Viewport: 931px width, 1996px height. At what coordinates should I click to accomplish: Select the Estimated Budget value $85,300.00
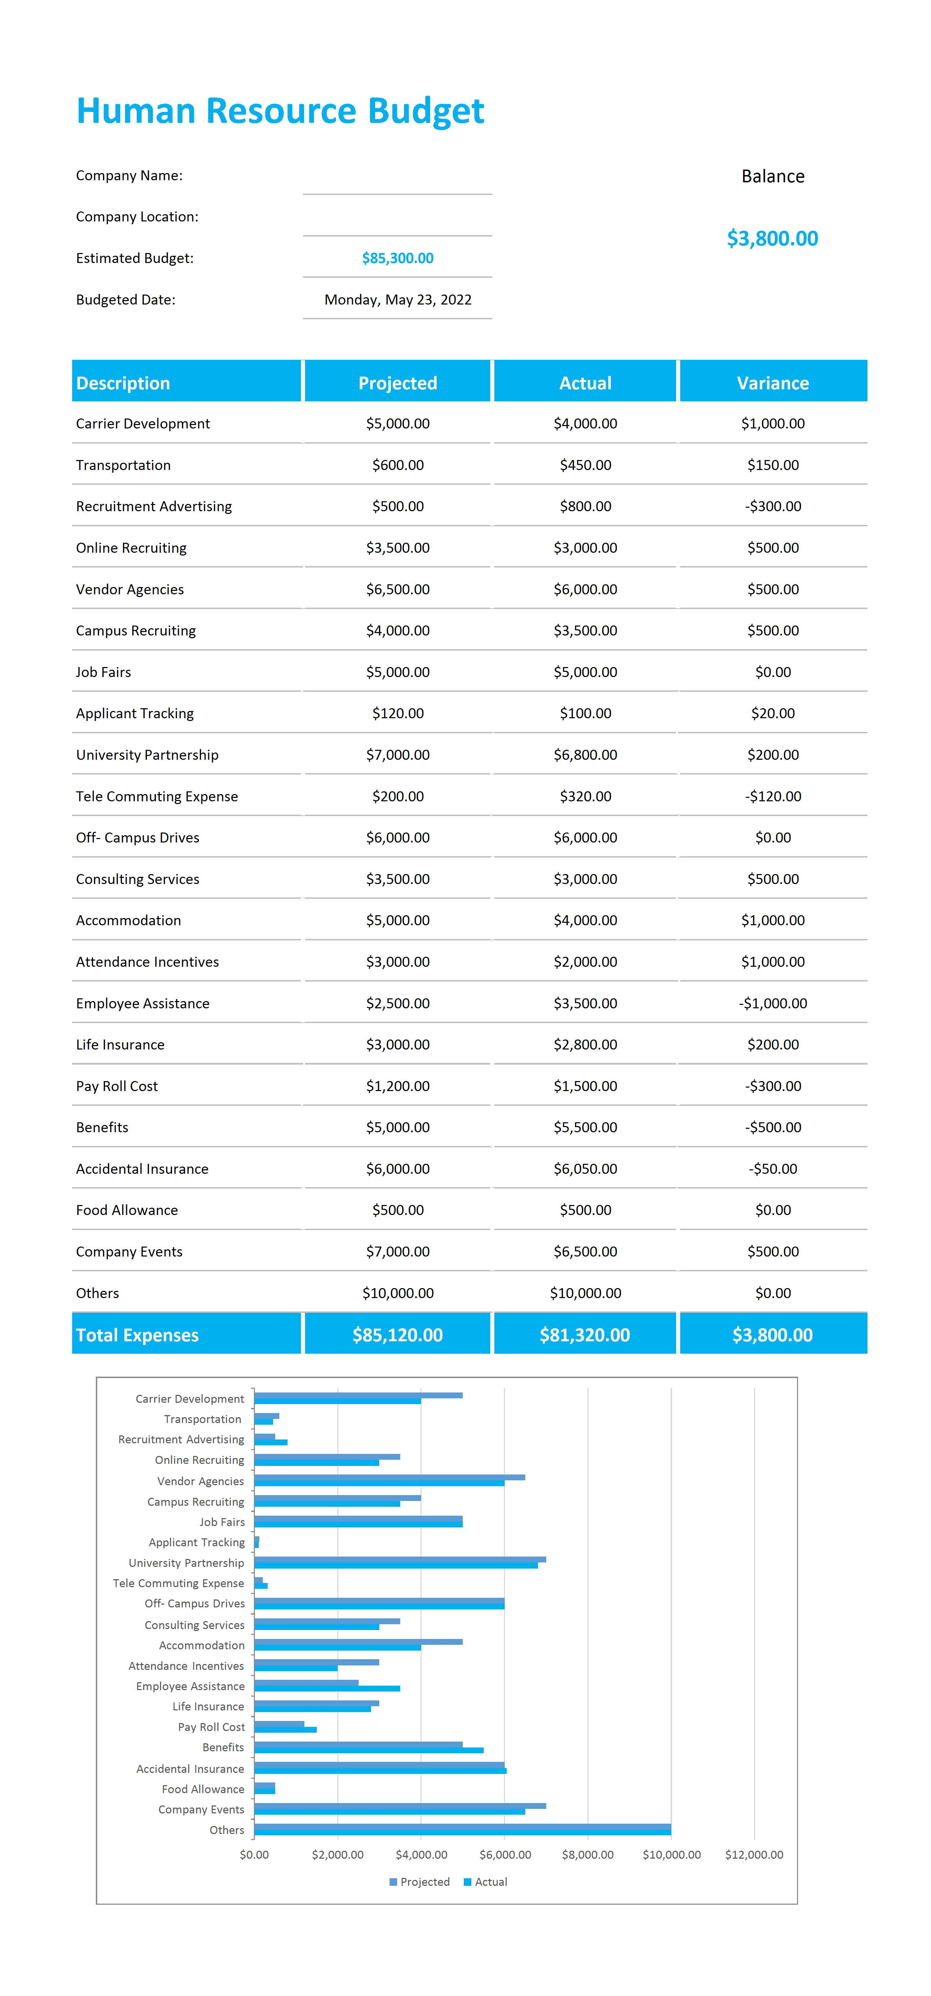(398, 258)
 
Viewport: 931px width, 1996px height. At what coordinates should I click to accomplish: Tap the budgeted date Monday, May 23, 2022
(398, 300)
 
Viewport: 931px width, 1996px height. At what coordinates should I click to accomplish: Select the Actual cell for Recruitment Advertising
(585, 506)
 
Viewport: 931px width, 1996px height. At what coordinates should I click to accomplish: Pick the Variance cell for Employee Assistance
(773, 1003)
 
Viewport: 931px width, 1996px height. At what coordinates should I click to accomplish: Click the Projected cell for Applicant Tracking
(398, 714)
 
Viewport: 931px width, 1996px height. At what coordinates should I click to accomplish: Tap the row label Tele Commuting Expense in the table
(157, 796)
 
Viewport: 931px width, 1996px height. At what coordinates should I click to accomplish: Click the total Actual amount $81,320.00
(585, 1335)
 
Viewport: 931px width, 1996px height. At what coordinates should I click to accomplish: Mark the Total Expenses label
(137, 1335)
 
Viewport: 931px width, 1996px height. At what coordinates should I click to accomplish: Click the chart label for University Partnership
(186, 1563)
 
